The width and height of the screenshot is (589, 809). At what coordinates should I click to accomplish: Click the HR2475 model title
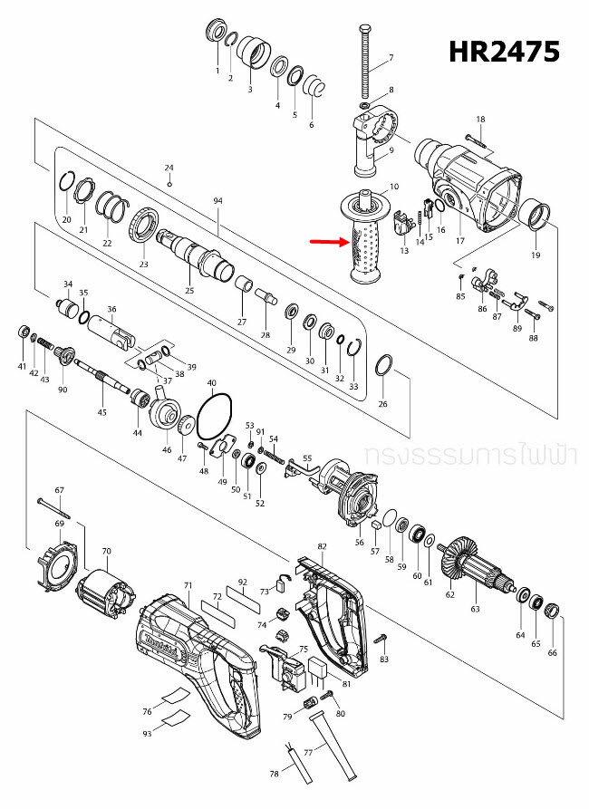click(505, 52)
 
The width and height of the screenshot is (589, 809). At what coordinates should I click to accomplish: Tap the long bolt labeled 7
click(367, 63)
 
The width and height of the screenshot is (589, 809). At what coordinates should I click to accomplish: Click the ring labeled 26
click(382, 366)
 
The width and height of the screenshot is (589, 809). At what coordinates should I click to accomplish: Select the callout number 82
click(322, 547)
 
